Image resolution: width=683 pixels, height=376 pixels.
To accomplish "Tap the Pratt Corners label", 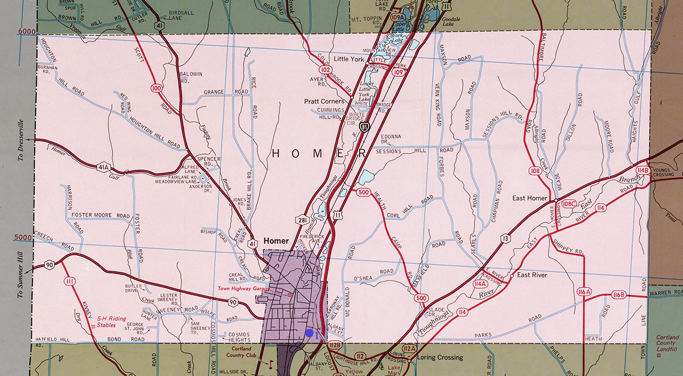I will pyautogui.click(x=324, y=101).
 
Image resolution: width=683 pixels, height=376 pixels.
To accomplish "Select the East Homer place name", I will pyautogui.click(x=529, y=197).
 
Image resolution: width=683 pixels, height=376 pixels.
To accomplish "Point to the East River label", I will pyautogui.click(x=532, y=275).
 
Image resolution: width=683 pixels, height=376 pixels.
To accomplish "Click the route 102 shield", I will pyautogui.click(x=326, y=70).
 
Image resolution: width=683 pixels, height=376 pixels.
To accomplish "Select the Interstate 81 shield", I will pyautogui.click(x=369, y=125).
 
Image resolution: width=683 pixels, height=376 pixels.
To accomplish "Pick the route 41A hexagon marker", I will pyautogui.click(x=103, y=167).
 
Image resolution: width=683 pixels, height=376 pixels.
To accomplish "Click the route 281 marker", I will pyautogui.click(x=303, y=219).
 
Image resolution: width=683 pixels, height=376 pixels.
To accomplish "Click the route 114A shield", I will pyautogui.click(x=479, y=283).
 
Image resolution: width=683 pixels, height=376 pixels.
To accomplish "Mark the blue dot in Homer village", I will pyautogui.click(x=309, y=333).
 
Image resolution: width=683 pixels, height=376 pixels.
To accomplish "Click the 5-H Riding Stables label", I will pyautogui.click(x=111, y=322).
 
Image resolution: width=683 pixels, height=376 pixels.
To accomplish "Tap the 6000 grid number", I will pyautogui.click(x=27, y=31).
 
